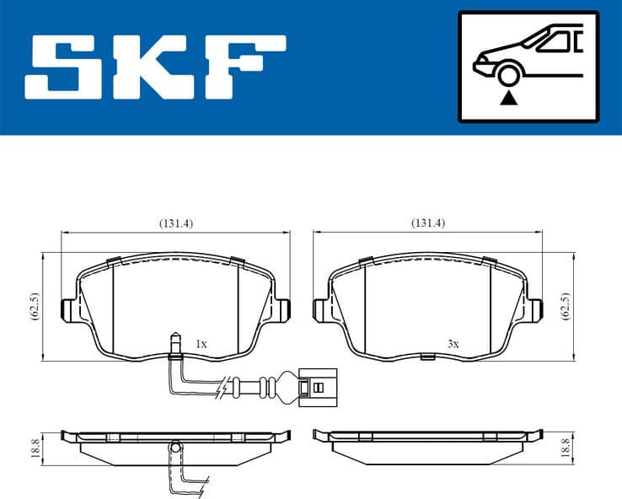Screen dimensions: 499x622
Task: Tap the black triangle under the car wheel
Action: pyautogui.click(x=507, y=99)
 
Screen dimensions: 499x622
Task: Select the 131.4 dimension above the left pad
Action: pyautogui.click(x=176, y=223)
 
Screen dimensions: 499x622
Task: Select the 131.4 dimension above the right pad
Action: pyautogui.click(x=427, y=223)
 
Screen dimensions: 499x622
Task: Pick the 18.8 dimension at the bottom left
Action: pyautogui.click(x=35, y=447)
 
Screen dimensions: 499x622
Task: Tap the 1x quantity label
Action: pyautogui.click(x=201, y=344)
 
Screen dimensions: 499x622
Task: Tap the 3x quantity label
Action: pyautogui.click(x=453, y=344)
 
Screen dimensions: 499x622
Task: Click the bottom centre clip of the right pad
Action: pyautogui.click(x=427, y=357)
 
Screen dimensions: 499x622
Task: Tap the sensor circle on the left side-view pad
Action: pyautogui.click(x=175, y=447)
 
